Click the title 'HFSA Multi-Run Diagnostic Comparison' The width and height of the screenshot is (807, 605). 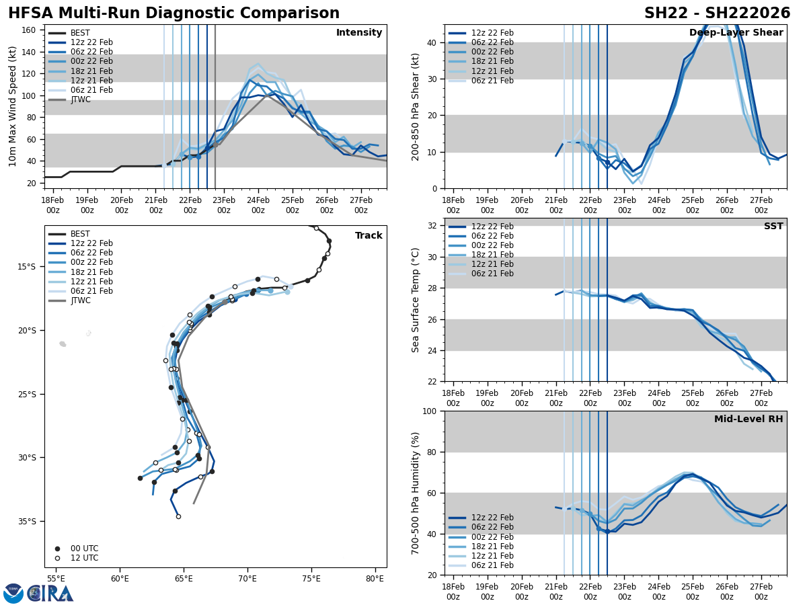174,13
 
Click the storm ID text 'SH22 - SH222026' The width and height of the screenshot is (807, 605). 717,13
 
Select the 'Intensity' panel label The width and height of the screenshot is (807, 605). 359,33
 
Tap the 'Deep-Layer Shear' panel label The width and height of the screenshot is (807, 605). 736,33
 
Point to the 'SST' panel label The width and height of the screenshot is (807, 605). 773,227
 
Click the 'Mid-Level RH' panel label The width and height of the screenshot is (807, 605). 748,419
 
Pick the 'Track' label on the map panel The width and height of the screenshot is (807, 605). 369,236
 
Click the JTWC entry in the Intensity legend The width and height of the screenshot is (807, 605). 80,99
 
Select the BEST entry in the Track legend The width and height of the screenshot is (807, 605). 80,234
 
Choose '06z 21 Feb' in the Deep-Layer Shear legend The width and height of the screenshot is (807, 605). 493,81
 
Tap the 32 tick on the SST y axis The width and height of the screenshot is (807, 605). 433,226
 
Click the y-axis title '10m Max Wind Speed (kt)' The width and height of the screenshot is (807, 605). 13,106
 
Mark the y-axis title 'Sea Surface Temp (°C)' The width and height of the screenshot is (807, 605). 416,300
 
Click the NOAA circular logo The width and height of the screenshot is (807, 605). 13,594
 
